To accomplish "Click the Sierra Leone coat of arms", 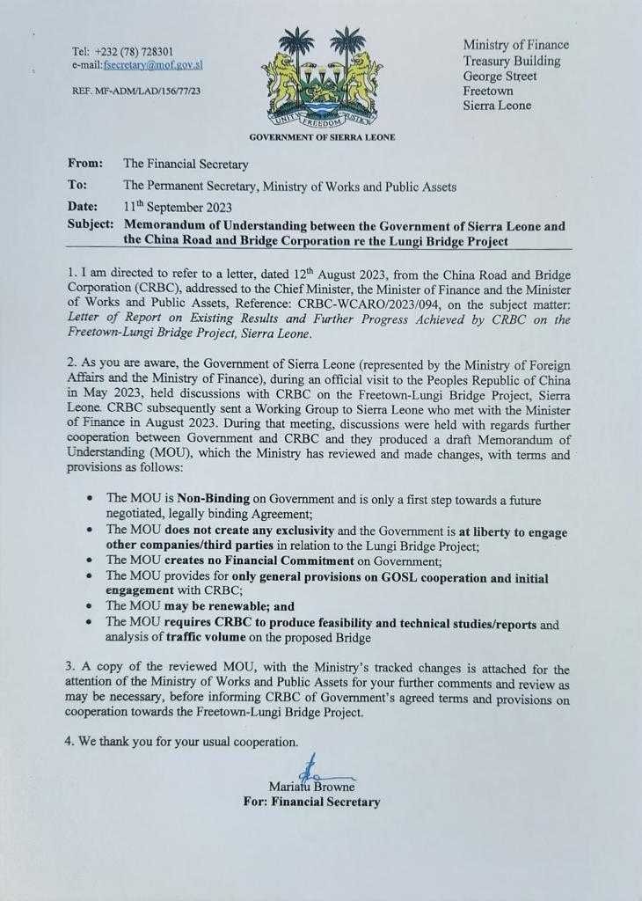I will tap(322, 80).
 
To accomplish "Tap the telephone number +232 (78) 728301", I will tap(135, 51).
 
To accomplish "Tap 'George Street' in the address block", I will tap(500, 76).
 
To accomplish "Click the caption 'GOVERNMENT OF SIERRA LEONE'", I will tap(322, 137).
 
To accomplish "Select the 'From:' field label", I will tap(85, 164).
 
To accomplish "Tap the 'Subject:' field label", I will tap(91, 225).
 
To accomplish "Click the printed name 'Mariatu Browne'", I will tap(311, 787).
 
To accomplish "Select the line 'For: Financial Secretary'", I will tap(311, 802).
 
